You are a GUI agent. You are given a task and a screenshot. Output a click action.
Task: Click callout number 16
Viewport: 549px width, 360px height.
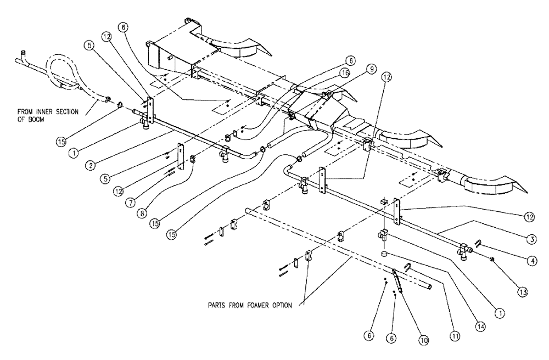(x=360, y=71)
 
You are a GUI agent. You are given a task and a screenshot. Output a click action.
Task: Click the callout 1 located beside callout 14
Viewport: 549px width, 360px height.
(x=499, y=312)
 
